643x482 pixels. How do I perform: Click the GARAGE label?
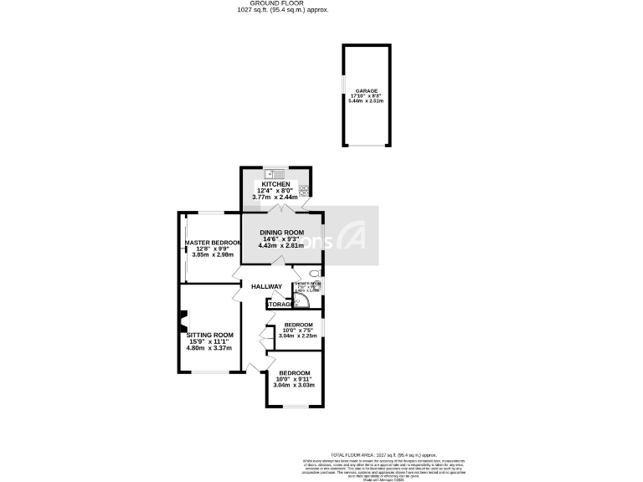point(366,90)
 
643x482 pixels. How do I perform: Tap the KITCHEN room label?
point(276,184)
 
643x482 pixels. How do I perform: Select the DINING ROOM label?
point(280,232)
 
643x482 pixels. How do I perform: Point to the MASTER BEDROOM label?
point(213,243)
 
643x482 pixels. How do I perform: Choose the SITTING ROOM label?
point(209,335)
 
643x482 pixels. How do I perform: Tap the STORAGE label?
point(279,304)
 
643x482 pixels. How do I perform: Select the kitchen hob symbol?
point(305,190)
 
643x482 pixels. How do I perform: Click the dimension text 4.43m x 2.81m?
point(280,245)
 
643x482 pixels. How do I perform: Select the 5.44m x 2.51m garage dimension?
point(366,100)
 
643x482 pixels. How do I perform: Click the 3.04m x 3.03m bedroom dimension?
point(295,386)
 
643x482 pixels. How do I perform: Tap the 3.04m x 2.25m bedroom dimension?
point(299,336)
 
